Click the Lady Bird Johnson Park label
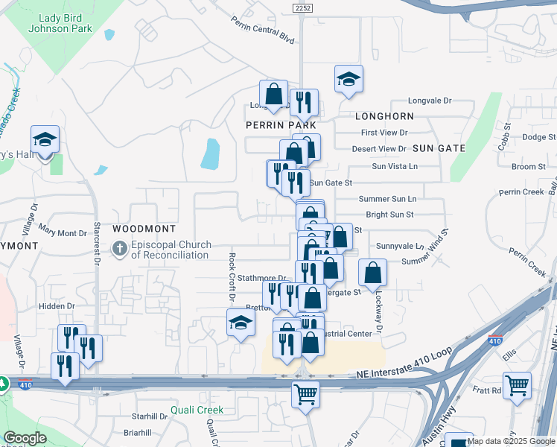pos(60,24)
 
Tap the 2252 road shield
pos(302,7)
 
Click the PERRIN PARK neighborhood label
pos(281,126)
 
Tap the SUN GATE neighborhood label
pos(439,148)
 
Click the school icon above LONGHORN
pos(348,78)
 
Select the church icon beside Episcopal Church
pos(119,249)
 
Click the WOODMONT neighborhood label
pos(144,229)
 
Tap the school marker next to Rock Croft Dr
pos(241,323)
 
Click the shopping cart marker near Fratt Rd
pos(516,385)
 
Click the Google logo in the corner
pos(25,439)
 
